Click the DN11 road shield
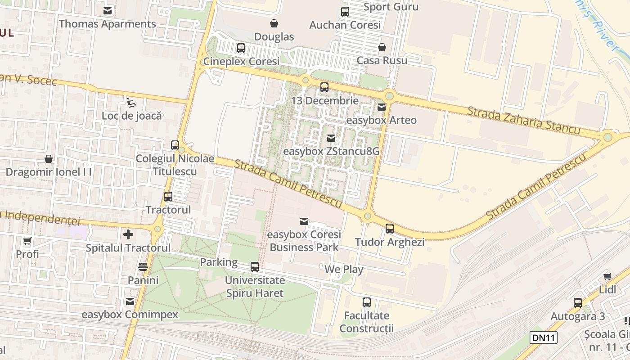(x=544, y=337)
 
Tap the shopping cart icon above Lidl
(x=607, y=276)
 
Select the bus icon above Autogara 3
(x=578, y=302)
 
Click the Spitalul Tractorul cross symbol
(x=128, y=234)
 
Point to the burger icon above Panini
(x=143, y=266)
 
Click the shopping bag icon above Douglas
(x=274, y=23)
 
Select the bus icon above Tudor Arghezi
(x=390, y=228)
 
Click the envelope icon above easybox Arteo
(x=382, y=107)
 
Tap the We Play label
(x=344, y=270)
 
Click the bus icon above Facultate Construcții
(x=367, y=302)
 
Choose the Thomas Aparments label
(x=108, y=24)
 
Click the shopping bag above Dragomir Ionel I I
(x=49, y=159)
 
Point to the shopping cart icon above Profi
(x=27, y=241)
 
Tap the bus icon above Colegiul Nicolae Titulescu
(x=175, y=145)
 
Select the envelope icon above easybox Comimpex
(x=130, y=301)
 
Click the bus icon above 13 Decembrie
(x=324, y=87)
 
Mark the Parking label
(x=219, y=262)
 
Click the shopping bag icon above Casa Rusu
(x=382, y=47)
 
